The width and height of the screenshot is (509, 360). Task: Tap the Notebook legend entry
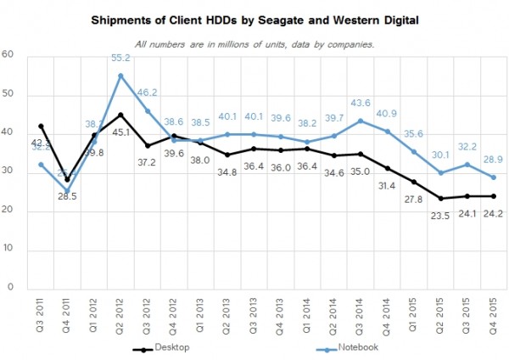click(x=357, y=346)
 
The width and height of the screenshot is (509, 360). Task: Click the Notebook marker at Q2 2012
click(x=120, y=75)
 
